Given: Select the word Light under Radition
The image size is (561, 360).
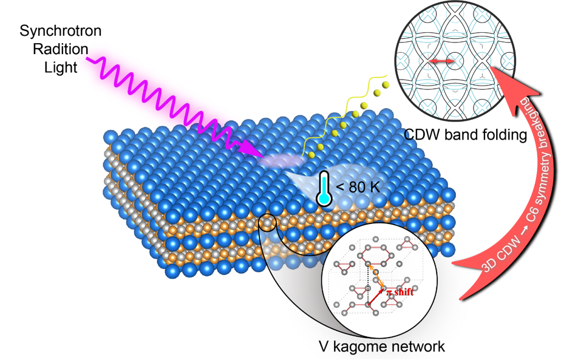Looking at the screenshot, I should (61, 66).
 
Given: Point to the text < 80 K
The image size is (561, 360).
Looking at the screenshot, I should (358, 187).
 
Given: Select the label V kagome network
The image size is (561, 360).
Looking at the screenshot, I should (382, 347).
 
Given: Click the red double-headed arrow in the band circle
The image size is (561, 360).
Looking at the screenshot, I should (440, 61).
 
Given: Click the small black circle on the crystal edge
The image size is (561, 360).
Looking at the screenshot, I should (267, 223).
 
